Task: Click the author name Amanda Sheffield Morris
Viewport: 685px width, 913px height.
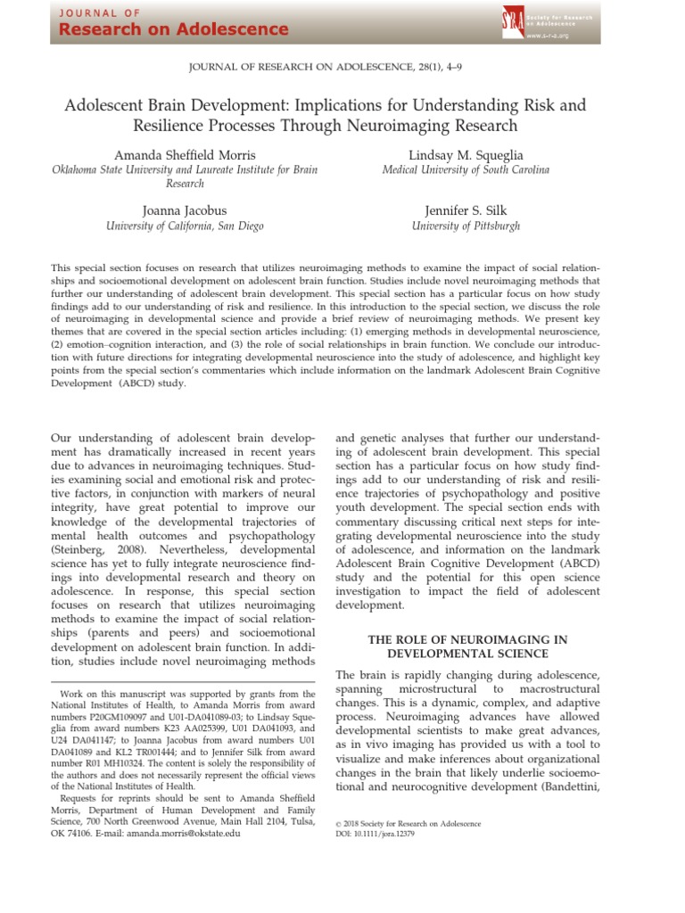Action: [185, 153]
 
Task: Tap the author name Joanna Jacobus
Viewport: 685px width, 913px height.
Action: [185, 210]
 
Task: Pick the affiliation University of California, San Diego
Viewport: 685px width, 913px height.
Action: [185, 226]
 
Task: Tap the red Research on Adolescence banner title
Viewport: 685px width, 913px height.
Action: [174, 29]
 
